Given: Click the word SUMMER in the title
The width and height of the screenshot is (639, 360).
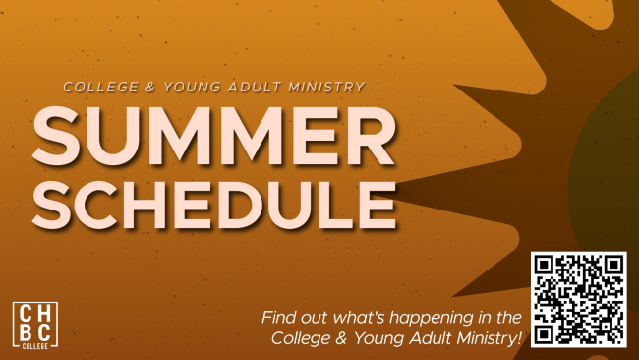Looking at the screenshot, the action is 213,136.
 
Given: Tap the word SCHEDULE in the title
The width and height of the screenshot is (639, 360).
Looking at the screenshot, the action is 214,205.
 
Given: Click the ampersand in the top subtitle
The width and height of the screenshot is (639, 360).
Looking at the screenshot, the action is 150,87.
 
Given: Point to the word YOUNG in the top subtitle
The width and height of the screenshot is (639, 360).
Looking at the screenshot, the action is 192,87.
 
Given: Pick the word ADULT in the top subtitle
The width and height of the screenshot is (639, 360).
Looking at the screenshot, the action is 255,87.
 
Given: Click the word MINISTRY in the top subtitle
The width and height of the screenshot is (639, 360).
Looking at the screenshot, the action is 326,87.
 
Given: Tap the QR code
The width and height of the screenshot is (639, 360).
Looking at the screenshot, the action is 579,300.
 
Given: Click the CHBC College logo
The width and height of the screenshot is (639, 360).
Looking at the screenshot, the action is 35,326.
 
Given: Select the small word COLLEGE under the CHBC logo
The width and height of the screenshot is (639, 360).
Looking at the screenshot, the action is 35,346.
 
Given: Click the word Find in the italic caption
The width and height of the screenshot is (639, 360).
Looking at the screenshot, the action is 275,317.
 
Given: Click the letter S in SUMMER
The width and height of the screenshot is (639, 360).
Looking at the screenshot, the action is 56,136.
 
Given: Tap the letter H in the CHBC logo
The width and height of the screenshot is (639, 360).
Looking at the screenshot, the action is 44,313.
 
